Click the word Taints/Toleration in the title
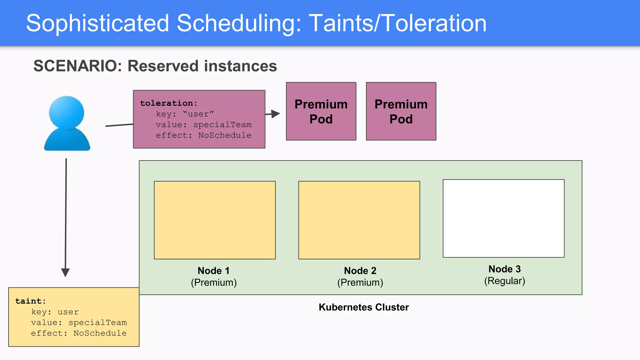pos(397,24)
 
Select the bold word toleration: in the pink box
pos(169,103)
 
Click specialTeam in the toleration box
pos(222,125)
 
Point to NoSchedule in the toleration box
pos(225,135)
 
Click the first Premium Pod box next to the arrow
pos(321,111)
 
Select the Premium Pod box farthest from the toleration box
pos(401,111)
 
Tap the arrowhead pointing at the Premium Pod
pos(275,114)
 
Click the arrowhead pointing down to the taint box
pos(65,272)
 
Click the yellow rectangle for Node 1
pos(215,220)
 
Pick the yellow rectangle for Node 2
pos(359,220)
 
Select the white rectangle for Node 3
pos(503,218)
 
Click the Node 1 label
pos(213,271)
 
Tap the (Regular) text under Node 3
pos(504,281)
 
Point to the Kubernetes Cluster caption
pos(363,307)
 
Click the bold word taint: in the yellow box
pos(31,301)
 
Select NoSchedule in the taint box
pos(100,333)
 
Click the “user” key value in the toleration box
pos(198,114)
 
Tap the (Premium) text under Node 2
pos(360,282)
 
